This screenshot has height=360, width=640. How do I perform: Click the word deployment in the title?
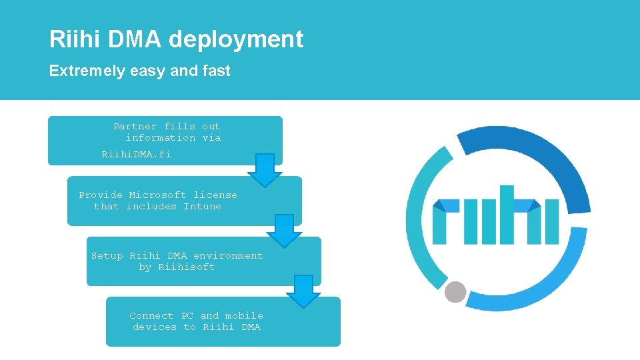coord(236,40)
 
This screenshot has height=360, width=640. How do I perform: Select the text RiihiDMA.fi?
coord(136,154)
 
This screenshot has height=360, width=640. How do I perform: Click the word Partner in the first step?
coord(135,126)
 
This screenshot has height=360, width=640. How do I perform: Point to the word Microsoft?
coord(158,195)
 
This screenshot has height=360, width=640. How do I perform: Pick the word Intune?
coord(202,206)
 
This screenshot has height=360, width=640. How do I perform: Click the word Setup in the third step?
coord(107,255)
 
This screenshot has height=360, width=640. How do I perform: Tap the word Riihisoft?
coord(187,267)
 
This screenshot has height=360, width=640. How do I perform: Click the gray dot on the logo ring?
coord(455,291)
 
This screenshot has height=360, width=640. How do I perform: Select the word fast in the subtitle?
coord(216,71)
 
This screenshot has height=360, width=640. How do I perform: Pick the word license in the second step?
coord(215,195)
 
